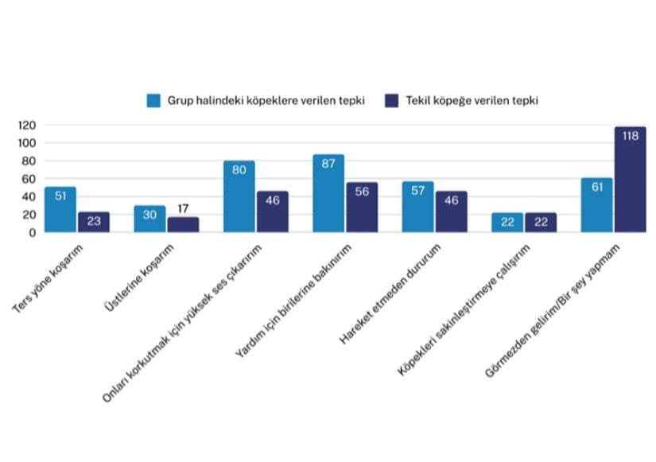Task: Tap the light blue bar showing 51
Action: coord(60,210)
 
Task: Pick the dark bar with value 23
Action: coord(94,222)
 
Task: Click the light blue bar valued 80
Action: coord(239,196)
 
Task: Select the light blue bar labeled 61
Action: coord(596,205)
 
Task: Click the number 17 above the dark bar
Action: coord(183,209)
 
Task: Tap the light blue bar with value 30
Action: coord(149,219)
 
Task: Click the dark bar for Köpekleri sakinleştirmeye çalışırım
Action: coord(541,223)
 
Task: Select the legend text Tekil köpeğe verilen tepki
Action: coord(472,101)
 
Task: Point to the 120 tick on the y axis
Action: coord(27,126)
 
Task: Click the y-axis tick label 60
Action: coord(30,179)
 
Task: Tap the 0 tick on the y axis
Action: coord(33,232)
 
